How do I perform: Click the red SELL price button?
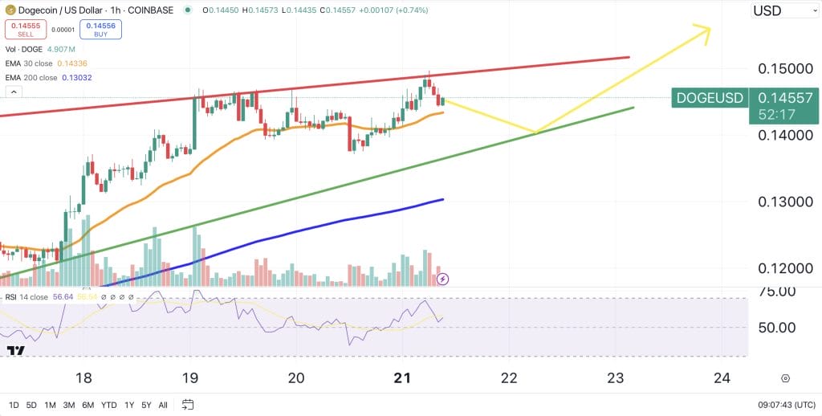coord(26,30)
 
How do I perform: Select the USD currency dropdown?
coord(784,10)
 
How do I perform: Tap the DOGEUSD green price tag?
coord(709,97)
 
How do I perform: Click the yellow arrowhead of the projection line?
coord(703,31)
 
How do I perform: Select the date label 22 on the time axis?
coord(508,378)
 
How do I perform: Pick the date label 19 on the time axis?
coord(190,378)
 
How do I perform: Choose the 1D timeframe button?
coord(14,404)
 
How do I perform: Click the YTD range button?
coord(109,404)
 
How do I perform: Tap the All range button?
coord(163,404)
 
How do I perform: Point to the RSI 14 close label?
coord(27,297)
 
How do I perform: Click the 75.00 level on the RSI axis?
coord(777,291)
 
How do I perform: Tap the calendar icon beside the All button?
coord(188,404)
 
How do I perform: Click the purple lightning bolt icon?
coord(442,279)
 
